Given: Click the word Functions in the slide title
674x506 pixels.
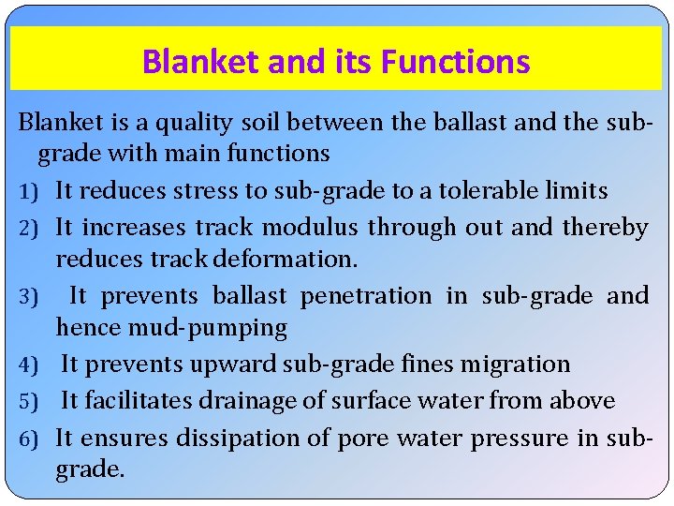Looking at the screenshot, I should (x=459, y=63).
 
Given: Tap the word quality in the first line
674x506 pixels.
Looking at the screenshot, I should (x=198, y=123).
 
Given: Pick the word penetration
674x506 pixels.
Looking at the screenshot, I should (x=366, y=296).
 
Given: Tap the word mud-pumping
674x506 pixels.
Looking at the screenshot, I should (x=171, y=328).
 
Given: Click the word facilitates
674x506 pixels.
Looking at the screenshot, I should (x=139, y=401).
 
